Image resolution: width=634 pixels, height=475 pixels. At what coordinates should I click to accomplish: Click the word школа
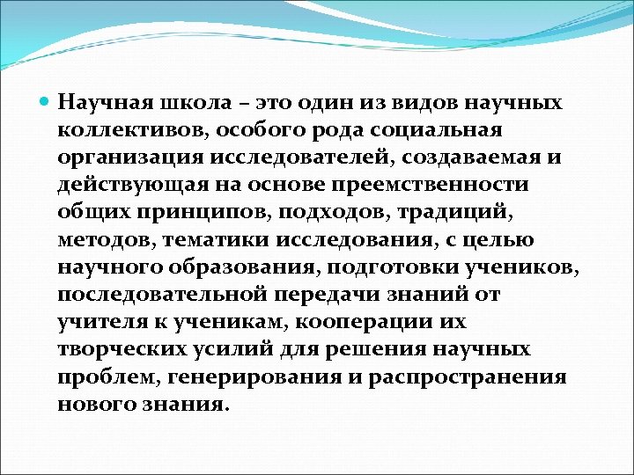185,104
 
